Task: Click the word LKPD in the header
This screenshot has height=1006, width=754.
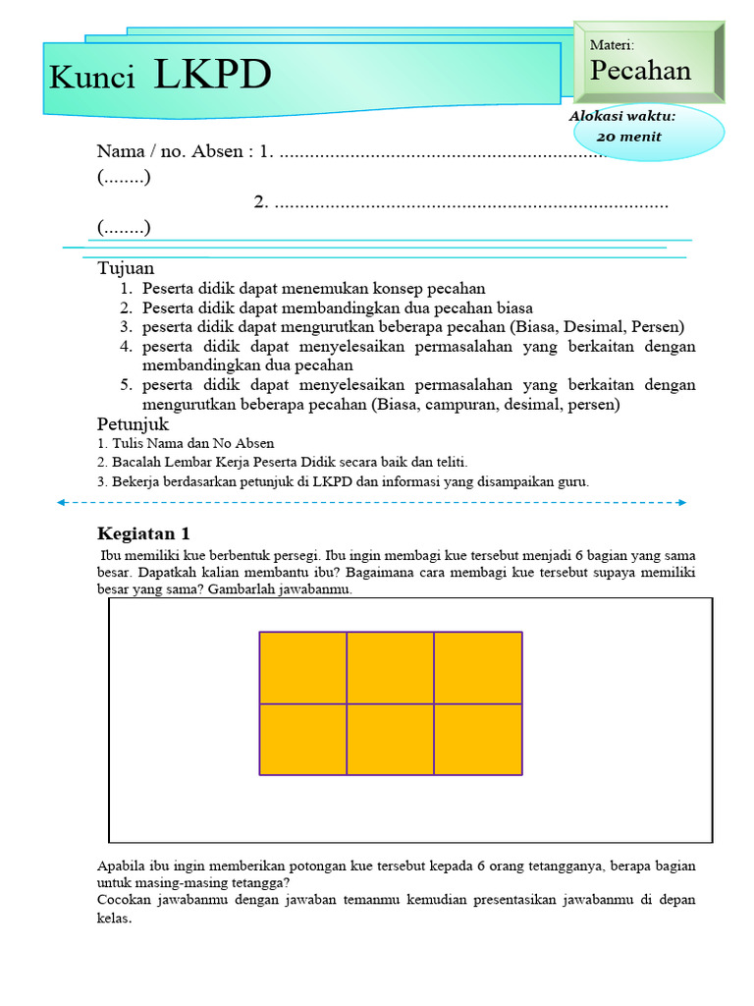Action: [x=212, y=76]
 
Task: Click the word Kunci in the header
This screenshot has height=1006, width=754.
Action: [x=92, y=79]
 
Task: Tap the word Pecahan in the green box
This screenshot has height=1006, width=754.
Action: [x=640, y=71]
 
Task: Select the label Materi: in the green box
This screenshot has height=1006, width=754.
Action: [x=612, y=45]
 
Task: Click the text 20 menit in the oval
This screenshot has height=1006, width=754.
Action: [x=628, y=137]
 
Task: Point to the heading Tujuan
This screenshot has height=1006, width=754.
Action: [x=126, y=268]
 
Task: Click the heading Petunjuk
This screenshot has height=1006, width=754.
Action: [x=134, y=424]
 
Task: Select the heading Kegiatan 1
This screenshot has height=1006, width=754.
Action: [x=143, y=534]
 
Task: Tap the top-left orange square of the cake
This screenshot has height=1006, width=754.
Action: [x=303, y=668]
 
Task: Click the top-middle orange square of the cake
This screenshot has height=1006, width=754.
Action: [x=391, y=668]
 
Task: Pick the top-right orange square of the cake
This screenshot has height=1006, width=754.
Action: [x=478, y=668]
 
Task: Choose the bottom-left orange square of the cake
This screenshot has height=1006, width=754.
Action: [x=303, y=739]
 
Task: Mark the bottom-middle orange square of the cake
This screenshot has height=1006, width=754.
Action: [x=391, y=739]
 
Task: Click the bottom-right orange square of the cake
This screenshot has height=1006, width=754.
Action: [x=478, y=739]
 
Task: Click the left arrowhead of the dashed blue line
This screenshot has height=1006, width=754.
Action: [x=62, y=502]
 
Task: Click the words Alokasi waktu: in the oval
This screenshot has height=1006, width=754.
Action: [x=622, y=117]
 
